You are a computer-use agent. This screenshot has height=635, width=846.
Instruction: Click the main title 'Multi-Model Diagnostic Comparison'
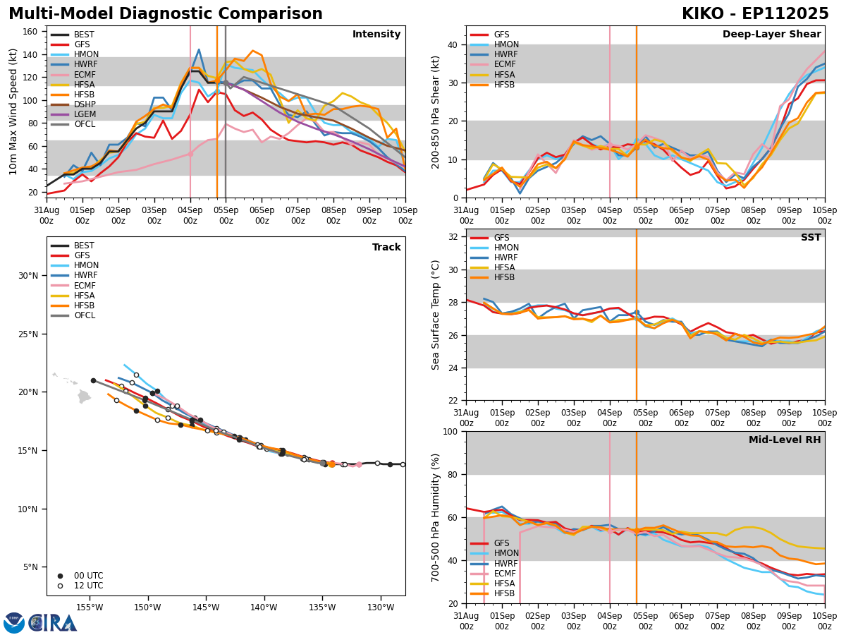(166, 14)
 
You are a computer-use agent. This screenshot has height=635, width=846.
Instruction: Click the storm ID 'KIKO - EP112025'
(755, 14)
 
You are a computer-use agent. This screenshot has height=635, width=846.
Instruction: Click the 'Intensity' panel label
(376, 35)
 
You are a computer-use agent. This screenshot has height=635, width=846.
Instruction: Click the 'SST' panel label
(810, 238)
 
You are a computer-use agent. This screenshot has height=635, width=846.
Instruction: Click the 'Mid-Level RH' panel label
(785, 440)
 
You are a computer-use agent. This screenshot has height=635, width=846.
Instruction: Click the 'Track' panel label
(386, 248)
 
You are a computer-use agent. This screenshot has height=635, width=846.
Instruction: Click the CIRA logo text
(53, 622)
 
